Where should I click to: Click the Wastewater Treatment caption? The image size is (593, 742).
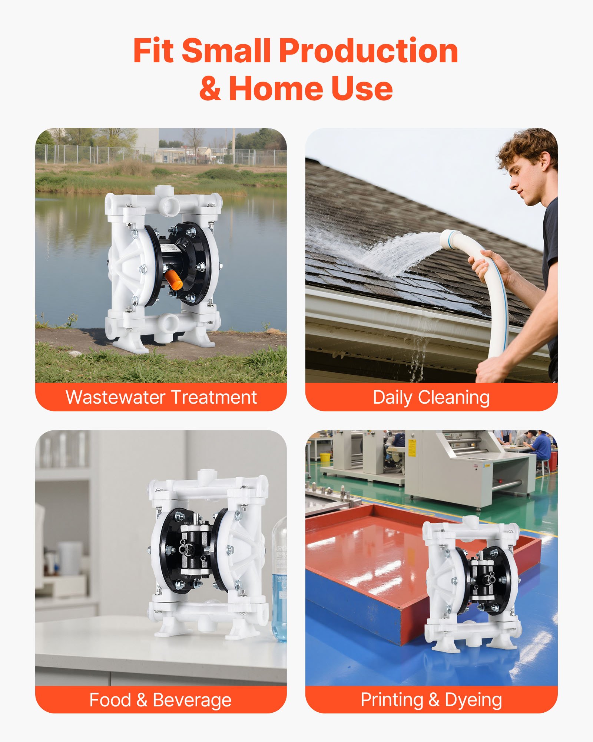coord(161,397)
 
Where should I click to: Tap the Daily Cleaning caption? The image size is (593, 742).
coord(431,397)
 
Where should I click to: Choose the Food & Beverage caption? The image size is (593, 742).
coord(160,700)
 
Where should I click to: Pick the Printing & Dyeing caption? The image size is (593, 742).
coord(431,700)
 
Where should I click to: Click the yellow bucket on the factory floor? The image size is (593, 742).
coord(325,457)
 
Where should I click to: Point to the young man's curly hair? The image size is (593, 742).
coord(528,147)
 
